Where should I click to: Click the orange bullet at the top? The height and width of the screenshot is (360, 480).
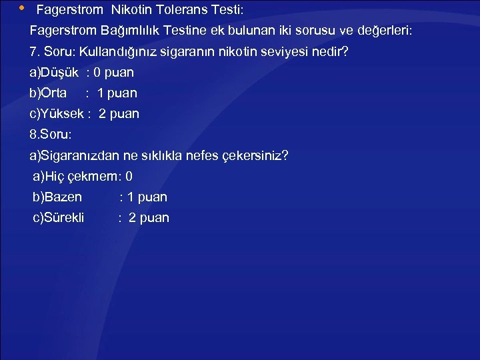(x=21, y=9)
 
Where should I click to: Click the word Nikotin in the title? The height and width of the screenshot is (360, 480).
(x=132, y=11)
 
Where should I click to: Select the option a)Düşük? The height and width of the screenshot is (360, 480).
(x=54, y=72)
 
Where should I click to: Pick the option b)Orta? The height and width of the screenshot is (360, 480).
(x=48, y=93)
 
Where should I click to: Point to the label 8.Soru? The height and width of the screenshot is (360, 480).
(x=50, y=134)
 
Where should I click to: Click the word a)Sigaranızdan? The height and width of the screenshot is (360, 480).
(x=75, y=155)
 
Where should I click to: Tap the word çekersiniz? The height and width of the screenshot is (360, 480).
(x=256, y=155)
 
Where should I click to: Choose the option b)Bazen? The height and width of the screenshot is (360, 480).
(x=57, y=197)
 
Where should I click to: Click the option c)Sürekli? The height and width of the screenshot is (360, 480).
(x=59, y=217)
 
